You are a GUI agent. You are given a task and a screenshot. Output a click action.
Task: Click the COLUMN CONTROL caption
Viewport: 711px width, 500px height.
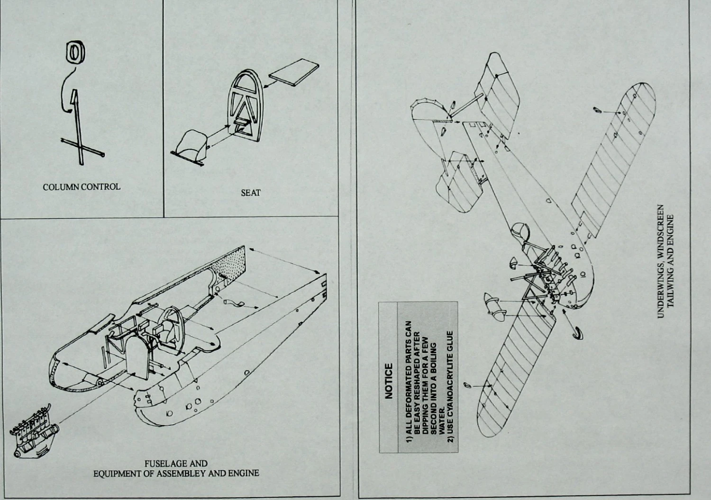click(82, 187)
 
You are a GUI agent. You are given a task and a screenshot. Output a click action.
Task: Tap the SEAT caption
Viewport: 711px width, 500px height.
click(250, 193)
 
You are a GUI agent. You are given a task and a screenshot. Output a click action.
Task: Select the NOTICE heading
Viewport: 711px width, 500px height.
click(389, 381)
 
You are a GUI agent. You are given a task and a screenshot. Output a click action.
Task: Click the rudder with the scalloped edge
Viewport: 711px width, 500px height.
click(429, 114)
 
